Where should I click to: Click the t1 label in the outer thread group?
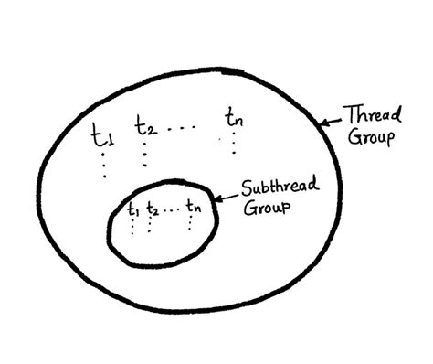point(101,136)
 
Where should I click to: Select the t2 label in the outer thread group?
point(145,125)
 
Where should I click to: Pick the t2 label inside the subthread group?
point(152,209)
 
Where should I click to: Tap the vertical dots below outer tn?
point(234,143)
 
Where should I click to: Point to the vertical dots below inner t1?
point(133,226)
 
